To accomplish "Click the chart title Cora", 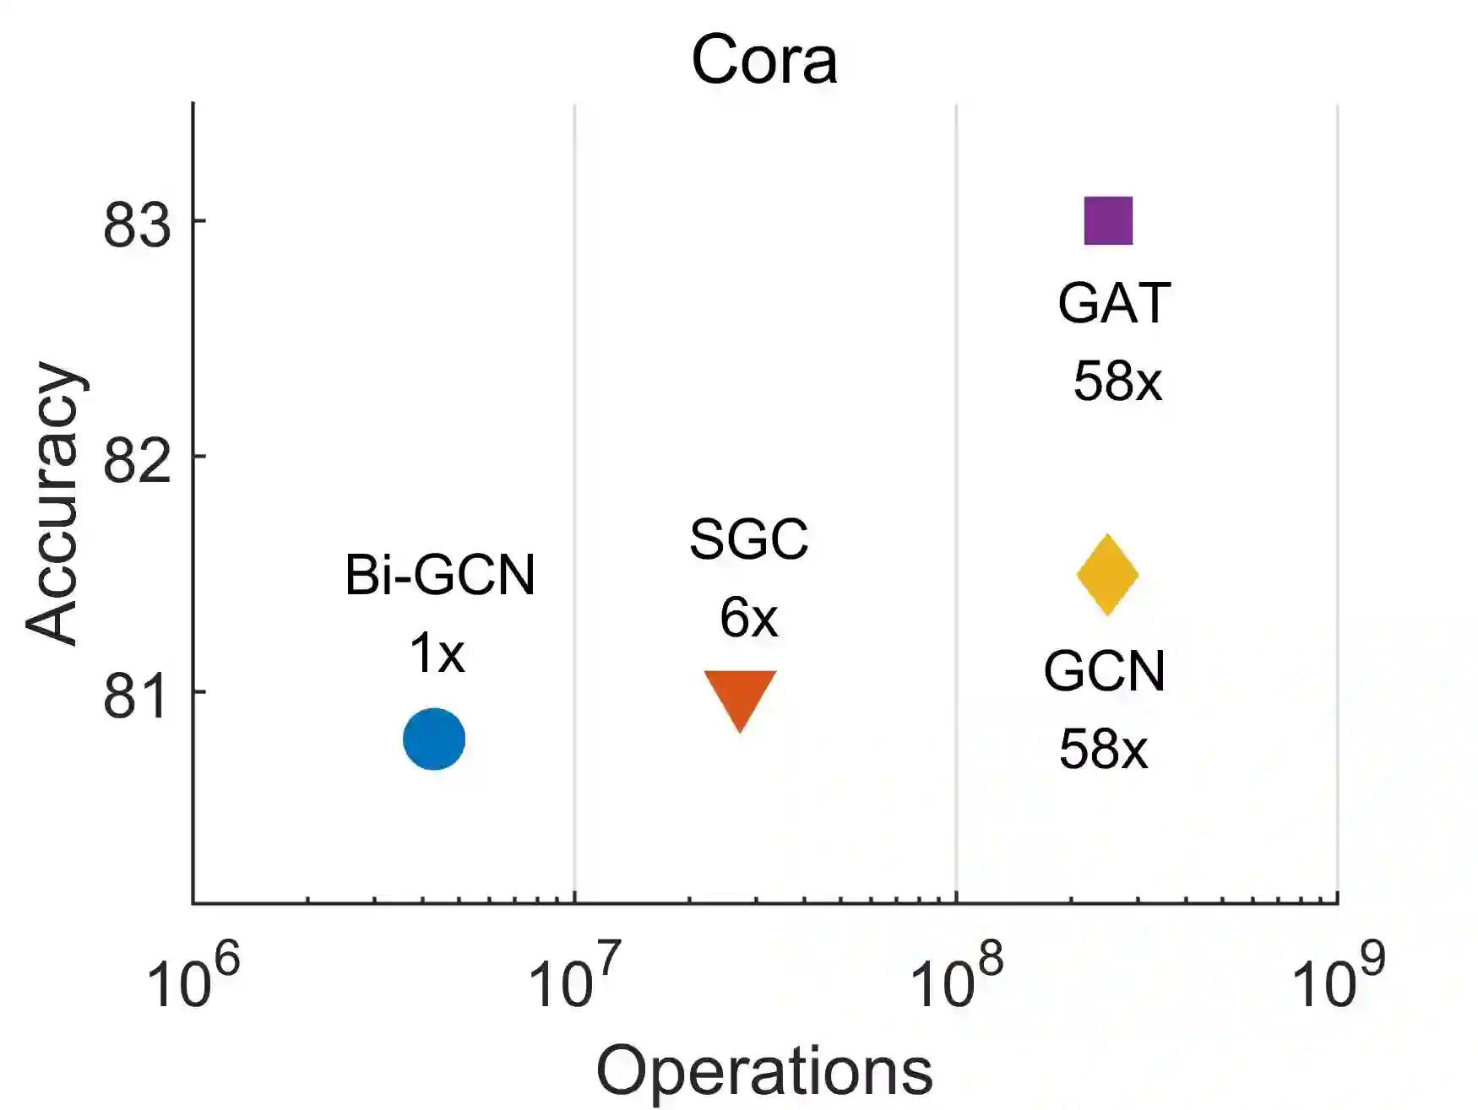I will click(763, 61).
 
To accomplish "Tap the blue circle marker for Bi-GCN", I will click(434, 739).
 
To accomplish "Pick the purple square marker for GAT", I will click(1108, 221).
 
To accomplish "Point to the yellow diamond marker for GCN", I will click(1107, 575).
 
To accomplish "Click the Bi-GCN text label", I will click(440, 576).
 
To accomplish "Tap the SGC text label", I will click(748, 539).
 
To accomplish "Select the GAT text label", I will click(1114, 303).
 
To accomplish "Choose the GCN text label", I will click(1104, 671).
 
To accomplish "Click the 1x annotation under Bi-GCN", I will click(437, 653).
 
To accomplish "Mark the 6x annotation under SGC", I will click(748, 618).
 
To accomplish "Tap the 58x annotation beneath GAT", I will click(1117, 382).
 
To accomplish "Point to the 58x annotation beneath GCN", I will click(1104, 749).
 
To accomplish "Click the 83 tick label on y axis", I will click(136, 225).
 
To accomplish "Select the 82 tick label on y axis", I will click(136, 461).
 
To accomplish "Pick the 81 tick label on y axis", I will click(136, 696).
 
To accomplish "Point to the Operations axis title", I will click(764, 1070).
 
